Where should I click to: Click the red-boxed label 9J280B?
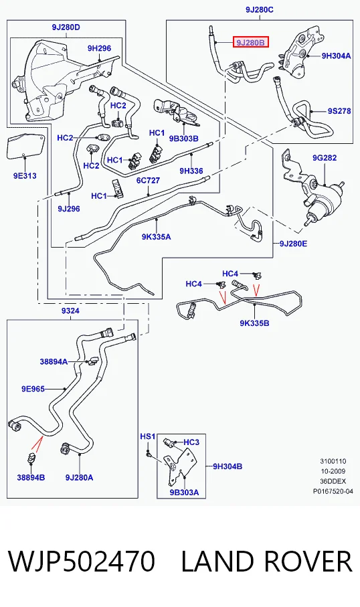point(250,42)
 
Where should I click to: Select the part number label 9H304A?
point(336,56)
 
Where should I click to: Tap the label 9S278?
point(339,111)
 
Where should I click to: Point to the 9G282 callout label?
point(325,157)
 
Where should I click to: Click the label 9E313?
point(25,176)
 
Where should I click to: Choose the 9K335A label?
point(156,236)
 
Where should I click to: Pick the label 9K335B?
point(254,323)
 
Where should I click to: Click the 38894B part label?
point(31,477)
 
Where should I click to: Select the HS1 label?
point(147,436)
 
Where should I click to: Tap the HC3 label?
point(191,442)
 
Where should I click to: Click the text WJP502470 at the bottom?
point(82,561)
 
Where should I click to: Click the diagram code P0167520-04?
point(333,491)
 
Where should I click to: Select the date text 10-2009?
point(333,471)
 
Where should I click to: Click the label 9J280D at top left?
point(66,27)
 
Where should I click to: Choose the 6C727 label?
point(148,181)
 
